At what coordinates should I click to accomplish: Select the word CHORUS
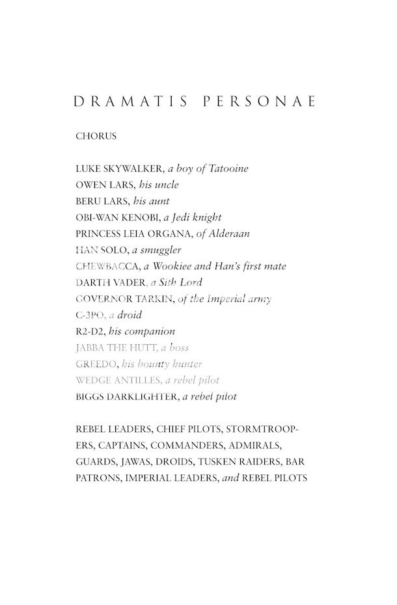[96, 137]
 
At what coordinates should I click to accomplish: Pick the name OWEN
[89, 185]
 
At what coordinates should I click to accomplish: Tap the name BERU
[87, 202]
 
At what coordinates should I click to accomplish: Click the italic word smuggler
[158, 250]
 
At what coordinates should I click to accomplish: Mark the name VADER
[129, 283]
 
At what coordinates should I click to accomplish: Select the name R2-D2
[89, 332]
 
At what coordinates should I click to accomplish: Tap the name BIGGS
[89, 397]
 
